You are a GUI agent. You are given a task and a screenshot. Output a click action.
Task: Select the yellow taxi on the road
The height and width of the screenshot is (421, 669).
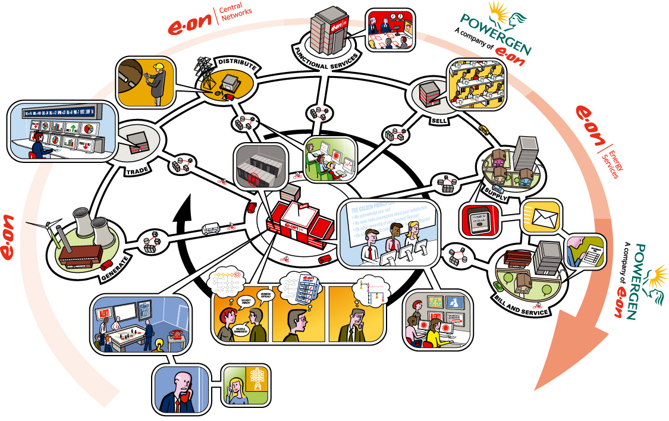(x=483, y=130)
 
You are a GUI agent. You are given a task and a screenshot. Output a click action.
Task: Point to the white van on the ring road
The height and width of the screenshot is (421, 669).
(x=212, y=228)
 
